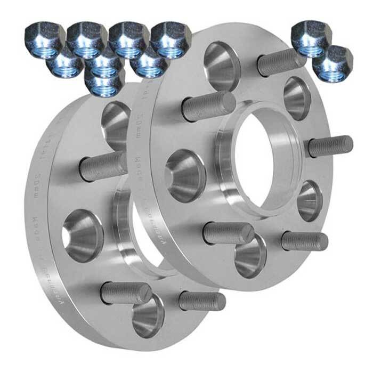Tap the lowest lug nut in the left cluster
(104, 83)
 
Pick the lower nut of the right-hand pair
(333, 64)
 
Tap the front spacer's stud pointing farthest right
(330, 145)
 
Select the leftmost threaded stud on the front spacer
(208, 107)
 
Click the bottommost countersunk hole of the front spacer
(250, 256)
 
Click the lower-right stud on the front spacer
(304, 241)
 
